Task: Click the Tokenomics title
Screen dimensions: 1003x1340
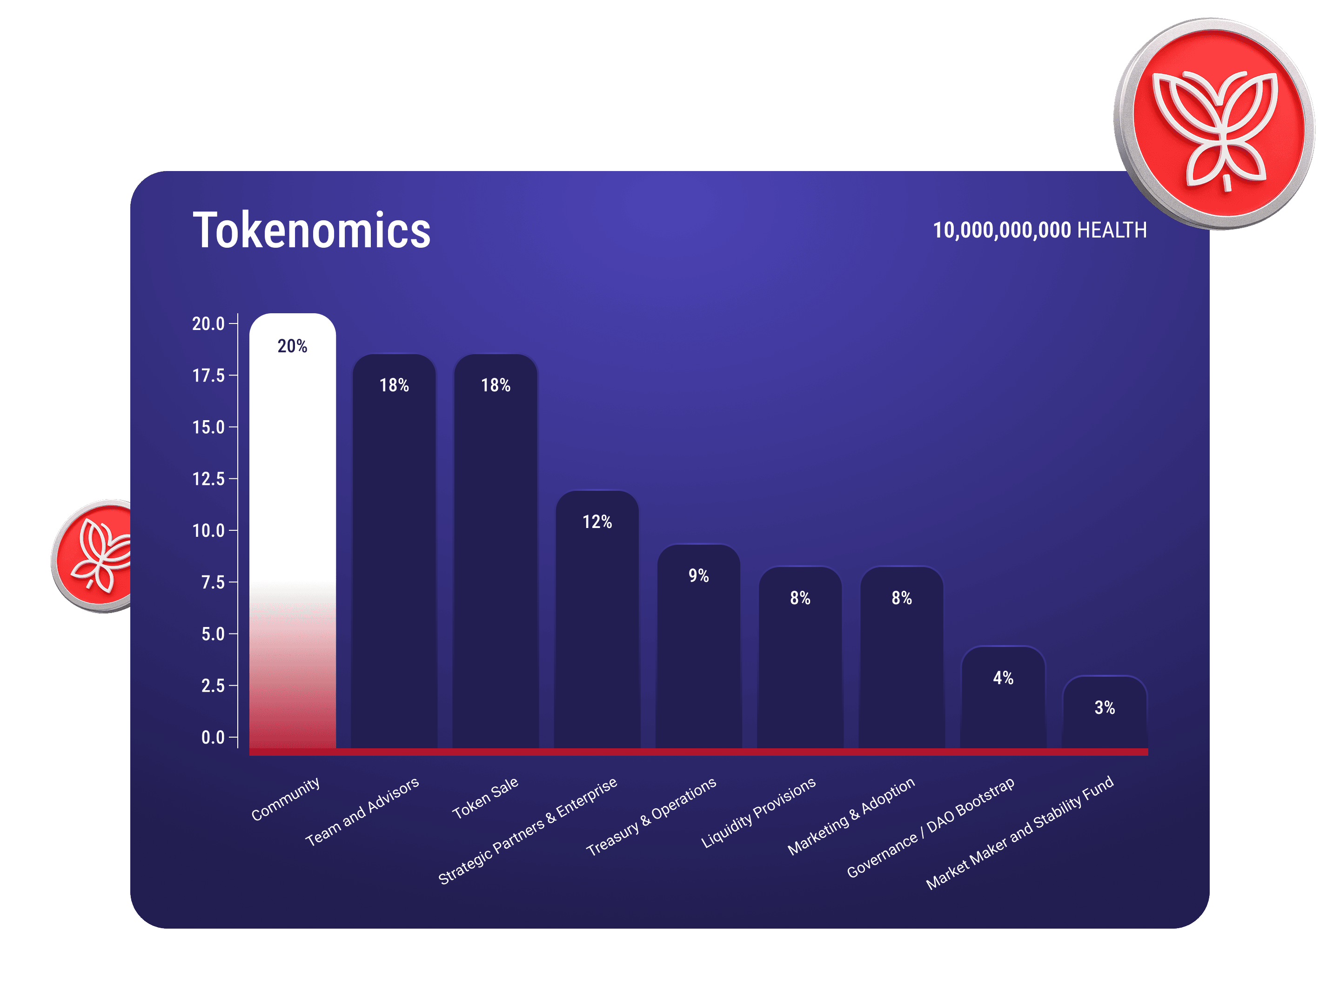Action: pyautogui.click(x=311, y=231)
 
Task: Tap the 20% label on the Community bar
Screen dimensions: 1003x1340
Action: pyautogui.click(x=293, y=346)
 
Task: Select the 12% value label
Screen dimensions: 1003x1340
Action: pyautogui.click(x=597, y=522)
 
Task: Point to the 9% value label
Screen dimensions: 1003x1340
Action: pyautogui.click(x=698, y=576)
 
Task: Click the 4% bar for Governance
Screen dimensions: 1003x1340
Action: pyautogui.click(x=1003, y=708)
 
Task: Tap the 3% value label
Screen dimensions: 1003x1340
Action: pyautogui.click(x=1105, y=707)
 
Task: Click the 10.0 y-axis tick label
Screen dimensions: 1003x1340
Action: pyautogui.click(x=208, y=531)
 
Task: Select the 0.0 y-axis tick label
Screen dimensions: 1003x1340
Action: pyautogui.click(x=213, y=737)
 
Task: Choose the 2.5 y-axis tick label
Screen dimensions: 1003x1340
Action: pyautogui.click(x=213, y=686)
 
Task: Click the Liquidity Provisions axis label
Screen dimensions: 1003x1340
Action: pyautogui.click(x=758, y=813)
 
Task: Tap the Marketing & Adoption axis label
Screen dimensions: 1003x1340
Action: pyautogui.click(x=851, y=816)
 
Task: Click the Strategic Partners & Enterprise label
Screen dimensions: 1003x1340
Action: pyautogui.click(x=528, y=831)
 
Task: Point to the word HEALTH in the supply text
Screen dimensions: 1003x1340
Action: pyautogui.click(x=1112, y=231)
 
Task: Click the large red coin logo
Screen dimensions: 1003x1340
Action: pyautogui.click(x=1214, y=124)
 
